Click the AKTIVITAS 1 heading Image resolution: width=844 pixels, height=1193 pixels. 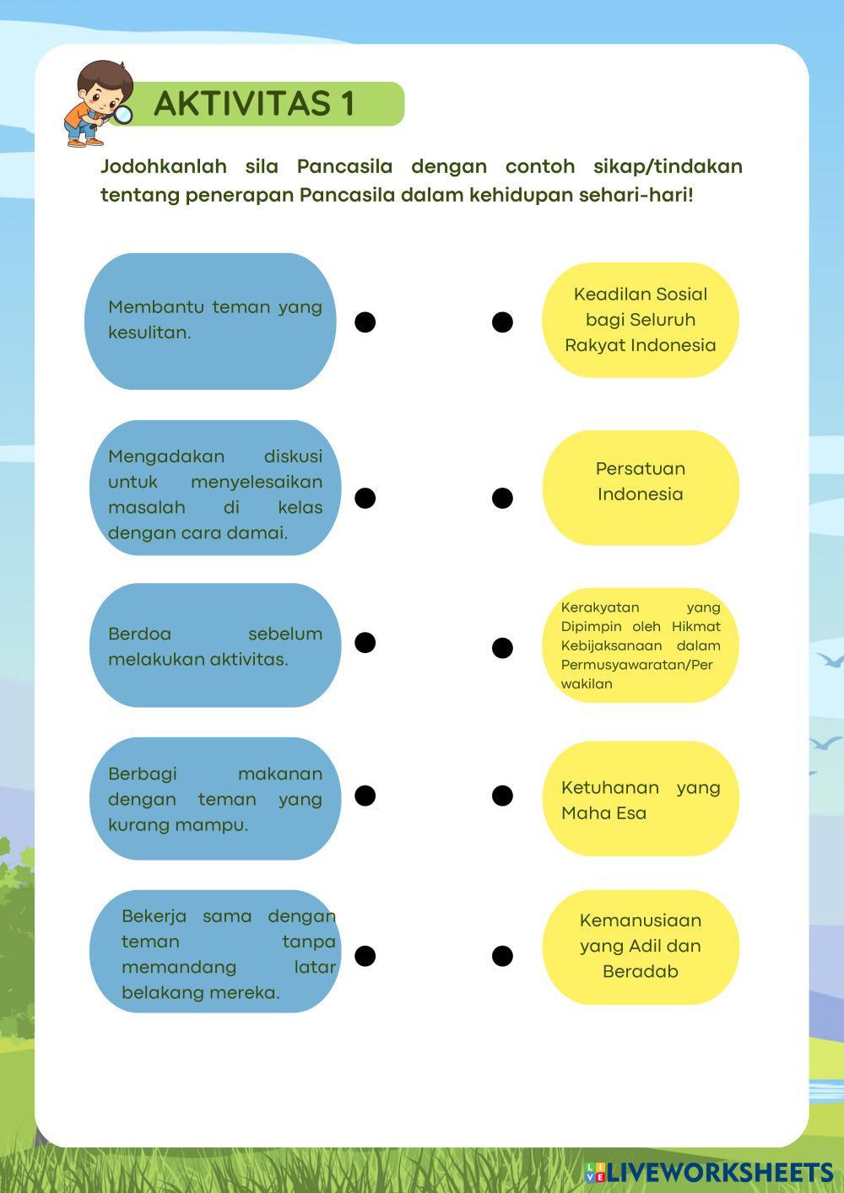click(254, 104)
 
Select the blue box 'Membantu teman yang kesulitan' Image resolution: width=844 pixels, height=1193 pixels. click(212, 321)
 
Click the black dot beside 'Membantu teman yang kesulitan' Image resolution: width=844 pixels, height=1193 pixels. click(365, 321)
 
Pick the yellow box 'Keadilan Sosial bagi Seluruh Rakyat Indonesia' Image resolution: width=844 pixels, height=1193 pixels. click(640, 320)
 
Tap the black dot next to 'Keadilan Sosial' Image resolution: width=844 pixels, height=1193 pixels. click(502, 321)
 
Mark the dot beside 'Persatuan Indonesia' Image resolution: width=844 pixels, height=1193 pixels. click(502, 498)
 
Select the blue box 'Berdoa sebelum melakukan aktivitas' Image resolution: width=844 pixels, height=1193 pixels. click(214, 645)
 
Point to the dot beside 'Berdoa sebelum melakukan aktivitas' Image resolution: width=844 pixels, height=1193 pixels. click(365, 642)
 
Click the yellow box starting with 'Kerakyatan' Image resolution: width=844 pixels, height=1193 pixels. click(640, 645)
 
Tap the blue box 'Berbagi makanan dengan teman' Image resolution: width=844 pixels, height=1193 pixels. click(214, 799)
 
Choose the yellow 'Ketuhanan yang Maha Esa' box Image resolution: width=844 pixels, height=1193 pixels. click(640, 799)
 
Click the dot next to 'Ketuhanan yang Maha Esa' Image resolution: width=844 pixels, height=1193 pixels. click(502, 796)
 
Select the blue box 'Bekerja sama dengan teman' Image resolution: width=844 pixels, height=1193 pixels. click(216, 952)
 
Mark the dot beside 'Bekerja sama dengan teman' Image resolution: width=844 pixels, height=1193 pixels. click(365, 956)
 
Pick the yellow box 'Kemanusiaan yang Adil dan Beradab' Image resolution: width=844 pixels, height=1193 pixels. click(640, 946)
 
